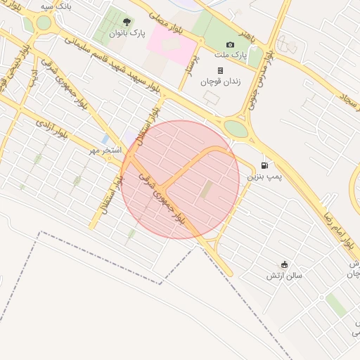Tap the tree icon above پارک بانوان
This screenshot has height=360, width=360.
[x=127, y=22]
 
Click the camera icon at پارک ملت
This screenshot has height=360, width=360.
[x=230, y=44]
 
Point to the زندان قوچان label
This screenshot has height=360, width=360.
[x=220, y=82]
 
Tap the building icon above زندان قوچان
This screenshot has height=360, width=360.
[x=220, y=70]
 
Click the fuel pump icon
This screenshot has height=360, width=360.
[x=264, y=166]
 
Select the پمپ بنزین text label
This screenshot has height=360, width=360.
[x=264, y=176]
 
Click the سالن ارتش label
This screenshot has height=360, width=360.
[x=284, y=276]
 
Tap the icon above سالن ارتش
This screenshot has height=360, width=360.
[x=284, y=264]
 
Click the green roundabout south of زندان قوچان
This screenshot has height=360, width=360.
[x=236, y=129]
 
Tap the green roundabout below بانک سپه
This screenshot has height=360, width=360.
[x=44, y=22]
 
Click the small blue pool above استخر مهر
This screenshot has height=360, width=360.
[x=105, y=139]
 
